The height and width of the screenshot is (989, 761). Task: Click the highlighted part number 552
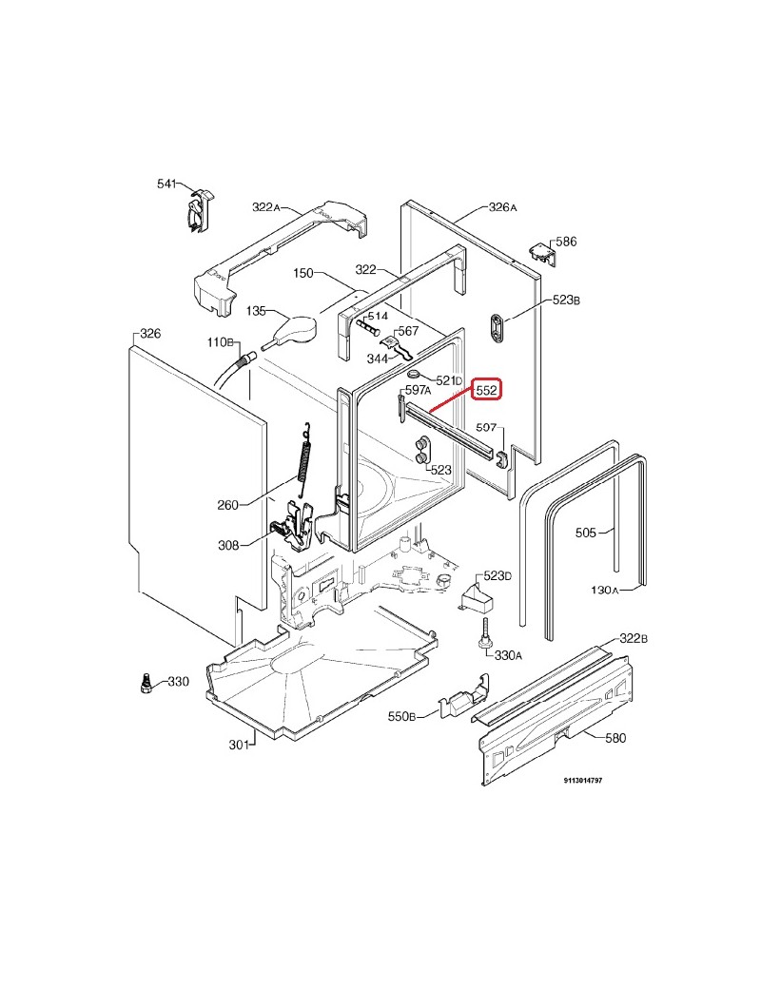coord(488,390)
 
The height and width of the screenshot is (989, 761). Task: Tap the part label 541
coord(167,184)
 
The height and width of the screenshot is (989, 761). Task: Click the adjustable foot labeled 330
coord(146,681)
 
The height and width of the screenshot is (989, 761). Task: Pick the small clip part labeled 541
coord(200,211)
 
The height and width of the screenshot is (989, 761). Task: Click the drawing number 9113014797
coord(582,780)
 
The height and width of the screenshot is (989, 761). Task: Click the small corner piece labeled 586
coord(541,252)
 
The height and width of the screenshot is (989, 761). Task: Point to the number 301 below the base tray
coord(238,745)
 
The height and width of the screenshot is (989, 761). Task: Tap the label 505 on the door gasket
coord(585,533)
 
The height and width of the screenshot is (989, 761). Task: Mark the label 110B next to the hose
coord(220,342)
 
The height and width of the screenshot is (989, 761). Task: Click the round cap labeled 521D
coord(416,379)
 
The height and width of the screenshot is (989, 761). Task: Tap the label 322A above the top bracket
coord(266,207)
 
